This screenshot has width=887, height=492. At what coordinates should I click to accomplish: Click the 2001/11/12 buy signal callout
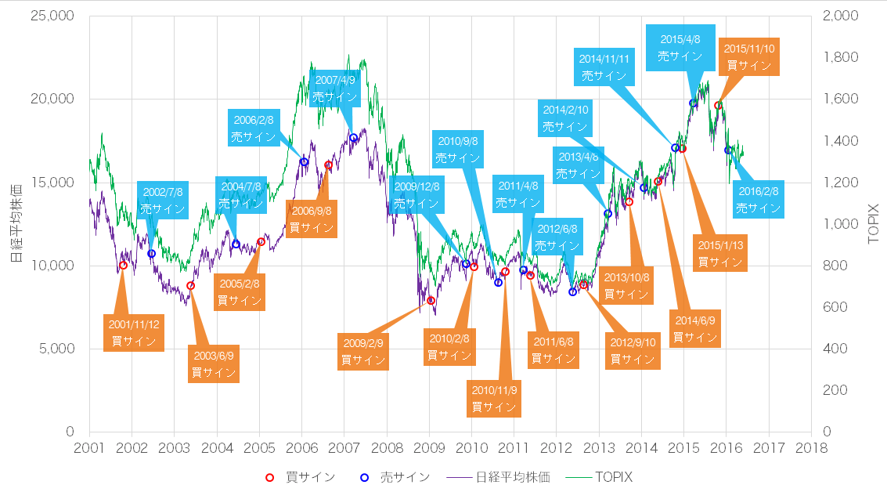coord(133,332)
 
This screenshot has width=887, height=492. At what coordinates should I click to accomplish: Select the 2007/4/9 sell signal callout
coord(335,89)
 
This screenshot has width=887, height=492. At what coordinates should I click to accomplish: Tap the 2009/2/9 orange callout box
coord(363,352)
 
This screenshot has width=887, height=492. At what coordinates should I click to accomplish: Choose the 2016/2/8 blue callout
coord(759,200)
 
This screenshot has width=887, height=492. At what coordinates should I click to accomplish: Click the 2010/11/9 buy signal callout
coord(493,399)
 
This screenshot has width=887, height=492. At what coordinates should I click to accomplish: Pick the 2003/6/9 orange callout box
coord(214,364)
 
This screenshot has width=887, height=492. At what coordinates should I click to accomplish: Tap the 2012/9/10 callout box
coord(632,350)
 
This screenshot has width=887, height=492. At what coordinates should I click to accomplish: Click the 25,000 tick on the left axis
coord(52,16)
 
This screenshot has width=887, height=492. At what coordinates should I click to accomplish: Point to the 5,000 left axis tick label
coord(56,349)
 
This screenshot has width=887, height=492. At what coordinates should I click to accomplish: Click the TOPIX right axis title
coord(875,223)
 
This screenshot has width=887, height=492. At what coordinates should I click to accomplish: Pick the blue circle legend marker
coord(364,477)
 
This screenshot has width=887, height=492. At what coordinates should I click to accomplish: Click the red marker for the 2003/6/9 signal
coord(190,286)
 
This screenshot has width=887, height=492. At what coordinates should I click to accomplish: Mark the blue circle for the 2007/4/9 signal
coord(353,138)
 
